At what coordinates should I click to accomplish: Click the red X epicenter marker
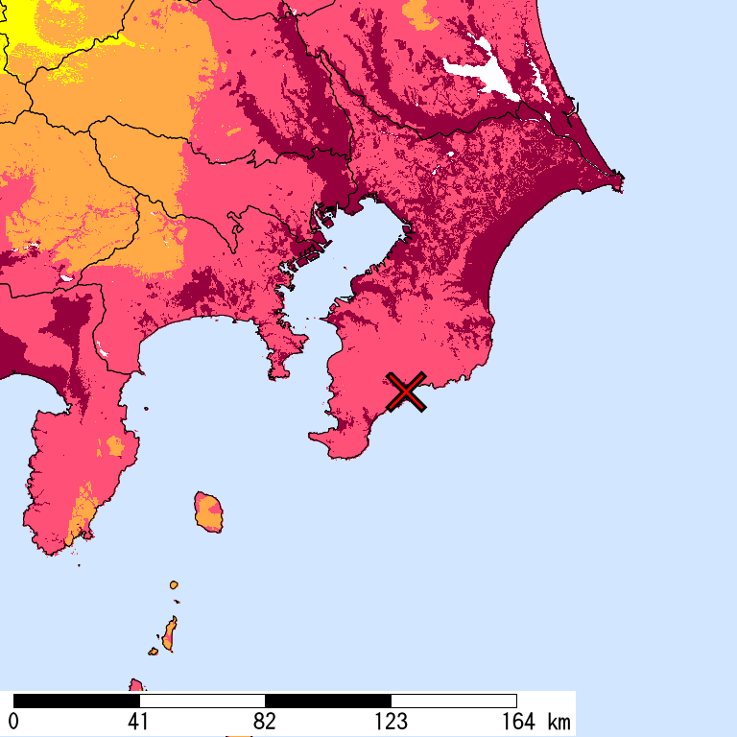pos(407,392)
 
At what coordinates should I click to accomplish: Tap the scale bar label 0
pos(13,722)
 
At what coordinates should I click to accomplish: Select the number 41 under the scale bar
pos(139,722)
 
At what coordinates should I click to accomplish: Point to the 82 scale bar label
pos(265,722)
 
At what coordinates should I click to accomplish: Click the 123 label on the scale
pos(391,722)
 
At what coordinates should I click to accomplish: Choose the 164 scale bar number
pos(516,722)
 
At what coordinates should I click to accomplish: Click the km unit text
pos(559,722)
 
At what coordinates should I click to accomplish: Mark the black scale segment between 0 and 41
pos(77,701)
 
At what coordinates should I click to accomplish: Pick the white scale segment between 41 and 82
pos(202,701)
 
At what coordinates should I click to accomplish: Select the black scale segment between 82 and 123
pos(328,701)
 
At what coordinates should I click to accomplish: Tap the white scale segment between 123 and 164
pos(454,701)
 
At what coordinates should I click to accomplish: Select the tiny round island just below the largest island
pos(174,584)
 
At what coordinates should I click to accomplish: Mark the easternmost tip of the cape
pos(621,178)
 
